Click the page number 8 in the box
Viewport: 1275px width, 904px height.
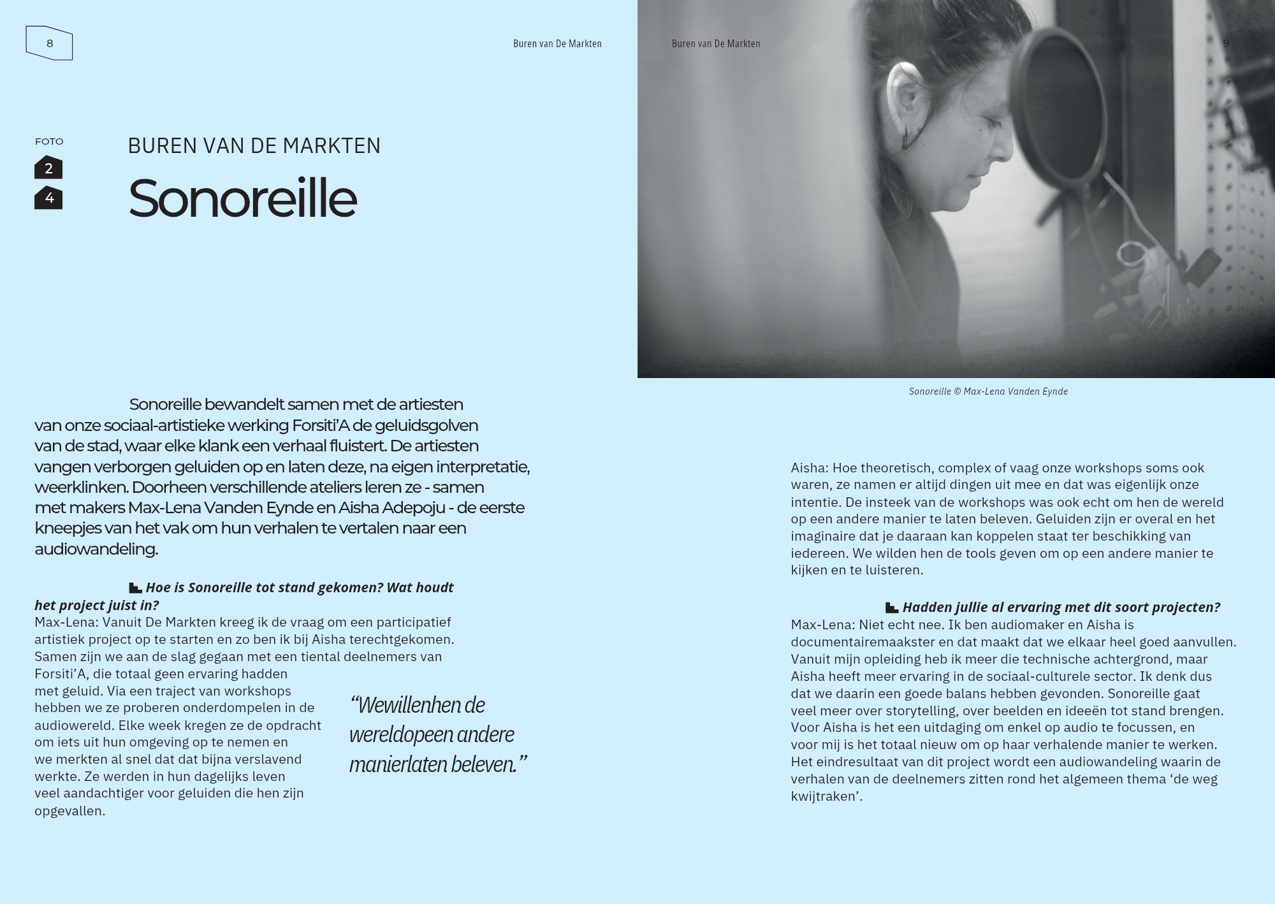click(x=50, y=43)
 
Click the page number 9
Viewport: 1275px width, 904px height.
click(x=1226, y=43)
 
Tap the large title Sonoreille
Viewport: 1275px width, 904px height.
click(x=242, y=198)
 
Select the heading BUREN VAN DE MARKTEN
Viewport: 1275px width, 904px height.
click(x=254, y=146)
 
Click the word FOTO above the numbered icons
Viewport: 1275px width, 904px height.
click(x=49, y=142)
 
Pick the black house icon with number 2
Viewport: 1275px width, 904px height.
click(x=48, y=168)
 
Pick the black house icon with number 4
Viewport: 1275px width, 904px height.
click(x=48, y=198)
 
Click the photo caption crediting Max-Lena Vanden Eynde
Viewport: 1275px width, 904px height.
click(x=987, y=391)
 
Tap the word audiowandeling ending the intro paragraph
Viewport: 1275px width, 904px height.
click(x=96, y=549)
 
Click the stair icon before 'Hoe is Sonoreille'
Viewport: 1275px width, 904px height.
click(x=135, y=588)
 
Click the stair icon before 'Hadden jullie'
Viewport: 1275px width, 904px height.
click(x=892, y=608)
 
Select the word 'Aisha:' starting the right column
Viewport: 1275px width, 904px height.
click(x=810, y=468)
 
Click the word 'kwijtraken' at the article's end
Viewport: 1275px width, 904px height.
click(x=825, y=796)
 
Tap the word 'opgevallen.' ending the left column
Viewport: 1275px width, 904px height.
click(x=69, y=811)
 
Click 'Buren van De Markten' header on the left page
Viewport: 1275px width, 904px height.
click(x=557, y=43)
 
